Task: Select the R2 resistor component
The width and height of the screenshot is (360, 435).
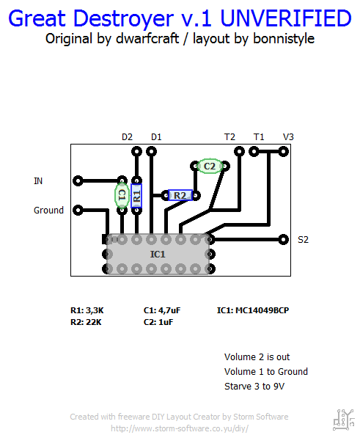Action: pyautogui.click(x=180, y=195)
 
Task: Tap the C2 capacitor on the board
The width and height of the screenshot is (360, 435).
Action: pyautogui.click(x=210, y=167)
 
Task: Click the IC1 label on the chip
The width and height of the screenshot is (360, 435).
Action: pyautogui.click(x=158, y=254)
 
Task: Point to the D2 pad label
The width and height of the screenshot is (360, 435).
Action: pyautogui.click(x=127, y=136)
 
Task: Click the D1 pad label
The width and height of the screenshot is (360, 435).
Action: pyautogui.click(x=156, y=136)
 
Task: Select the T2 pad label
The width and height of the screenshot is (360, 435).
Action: pyautogui.click(x=229, y=136)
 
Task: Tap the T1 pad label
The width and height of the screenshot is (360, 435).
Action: pyautogui.click(x=259, y=136)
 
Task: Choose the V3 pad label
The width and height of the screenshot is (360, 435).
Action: pyautogui.click(x=288, y=136)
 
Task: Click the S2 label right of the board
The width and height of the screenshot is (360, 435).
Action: pyautogui.click(x=303, y=239)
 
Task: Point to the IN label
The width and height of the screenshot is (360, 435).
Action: pyautogui.click(x=38, y=180)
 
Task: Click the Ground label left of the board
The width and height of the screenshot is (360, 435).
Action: pyautogui.click(x=48, y=210)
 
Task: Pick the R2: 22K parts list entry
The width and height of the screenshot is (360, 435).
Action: pyautogui.click(x=87, y=321)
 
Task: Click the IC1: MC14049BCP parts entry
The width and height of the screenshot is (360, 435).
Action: pyautogui.click(x=253, y=310)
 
